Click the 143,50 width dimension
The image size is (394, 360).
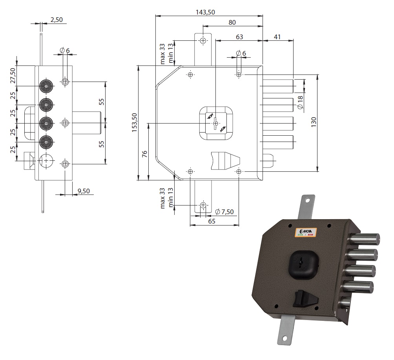click(x=205, y=12)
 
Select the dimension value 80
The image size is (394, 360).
click(x=232, y=22)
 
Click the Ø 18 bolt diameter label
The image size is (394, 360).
click(x=300, y=102)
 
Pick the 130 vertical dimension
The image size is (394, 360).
click(x=314, y=122)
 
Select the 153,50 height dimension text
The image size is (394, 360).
click(x=134, y=123)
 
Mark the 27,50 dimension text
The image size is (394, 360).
click(x=13, y=76)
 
